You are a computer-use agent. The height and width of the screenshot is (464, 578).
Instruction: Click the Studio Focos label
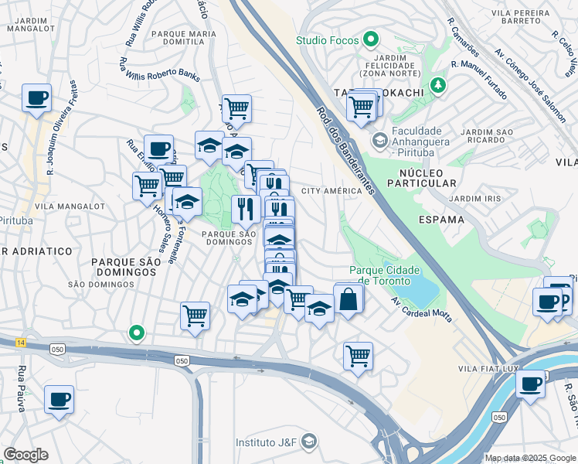pyautogui.click(x=328, y=39)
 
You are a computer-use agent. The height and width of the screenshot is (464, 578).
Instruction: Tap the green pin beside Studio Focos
pyautogui.click(x=371, y=39)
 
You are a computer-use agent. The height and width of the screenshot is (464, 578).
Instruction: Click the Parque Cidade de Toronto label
pyautogui.click(x=385, y=275)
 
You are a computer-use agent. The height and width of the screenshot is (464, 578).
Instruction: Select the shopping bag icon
pyautogui.click(x=348, y=299)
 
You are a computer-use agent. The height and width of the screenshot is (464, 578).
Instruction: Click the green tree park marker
pyautogui.click(x=439, y=84)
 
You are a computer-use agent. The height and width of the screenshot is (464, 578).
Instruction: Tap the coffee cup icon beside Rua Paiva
pyautogui.click(x=59, y=400)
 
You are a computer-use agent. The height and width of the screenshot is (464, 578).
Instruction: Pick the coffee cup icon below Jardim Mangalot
pyautogui.click(x=36, y=98)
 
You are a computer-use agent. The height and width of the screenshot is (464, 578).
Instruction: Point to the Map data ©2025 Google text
pyautogui.click(x=529, y=458)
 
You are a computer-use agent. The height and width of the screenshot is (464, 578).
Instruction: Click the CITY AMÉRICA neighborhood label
pyautogui.click(x=331, y=191)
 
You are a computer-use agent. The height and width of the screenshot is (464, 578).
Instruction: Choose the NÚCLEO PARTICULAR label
pyautogui.click(x=427, y=176)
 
